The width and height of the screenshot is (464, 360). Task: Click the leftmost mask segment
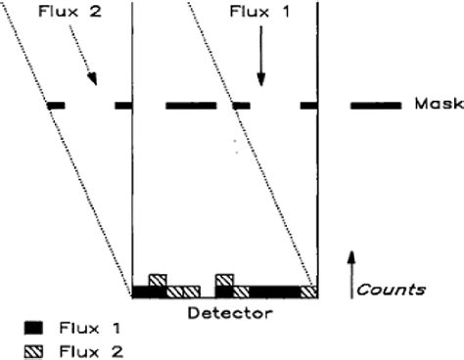click(56, 105)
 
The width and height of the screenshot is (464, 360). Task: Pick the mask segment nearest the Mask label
click(376, 105)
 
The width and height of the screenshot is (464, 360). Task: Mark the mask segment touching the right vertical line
click(309, 105)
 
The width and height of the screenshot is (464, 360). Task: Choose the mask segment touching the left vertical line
click(124, 105)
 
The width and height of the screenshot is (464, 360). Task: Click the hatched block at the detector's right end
click(309, 291)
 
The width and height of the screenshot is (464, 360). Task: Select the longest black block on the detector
click(275, 291)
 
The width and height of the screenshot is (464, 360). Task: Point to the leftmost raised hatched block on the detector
click(157, 280)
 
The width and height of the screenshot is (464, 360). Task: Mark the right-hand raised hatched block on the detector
click(224, 280)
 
